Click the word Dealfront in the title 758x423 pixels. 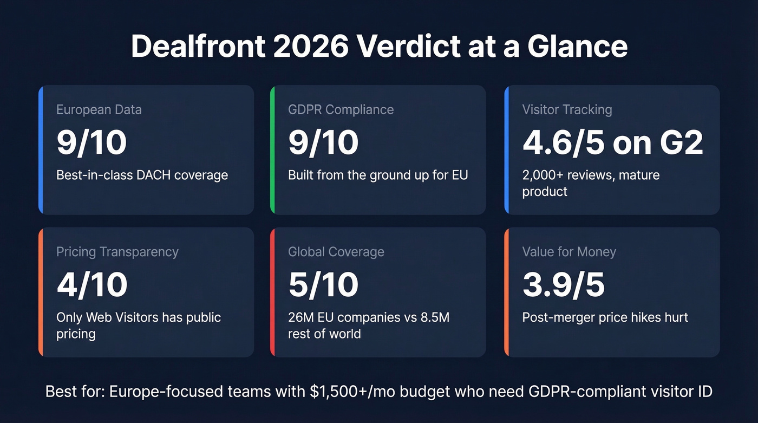tap(197, 47)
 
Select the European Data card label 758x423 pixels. tap(99, 109)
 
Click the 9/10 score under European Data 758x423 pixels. tap(92, 142)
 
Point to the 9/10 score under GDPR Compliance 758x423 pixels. tap(323, 142)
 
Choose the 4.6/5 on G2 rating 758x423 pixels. tap(612, 142)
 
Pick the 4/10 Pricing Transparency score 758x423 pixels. tap(92, 284)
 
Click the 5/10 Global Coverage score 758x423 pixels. tap(323, 284)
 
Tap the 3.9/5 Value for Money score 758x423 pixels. tap(563, 284)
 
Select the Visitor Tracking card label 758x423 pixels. tap(567, 109)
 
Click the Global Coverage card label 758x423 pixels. tap(336, 252)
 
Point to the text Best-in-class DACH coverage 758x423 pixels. tap(142, 175)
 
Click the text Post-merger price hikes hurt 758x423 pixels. tap(605, 317)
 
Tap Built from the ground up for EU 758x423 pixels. tap(378, 175)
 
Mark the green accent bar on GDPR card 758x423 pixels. tap(273, 150)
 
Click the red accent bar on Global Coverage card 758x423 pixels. tap(273, 292)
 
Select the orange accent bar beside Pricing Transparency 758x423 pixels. tap(41, 292)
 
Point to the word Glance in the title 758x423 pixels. tap(577, 47)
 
